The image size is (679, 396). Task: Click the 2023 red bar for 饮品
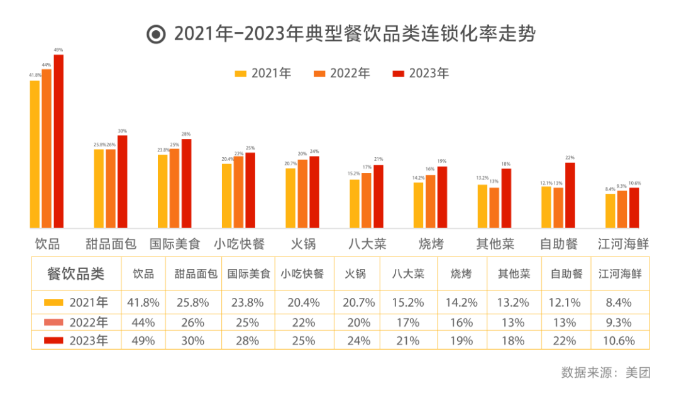tap(58, 141)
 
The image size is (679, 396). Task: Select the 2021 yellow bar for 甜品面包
tap(99, 189)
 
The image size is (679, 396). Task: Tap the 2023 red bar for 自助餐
tap(570, 195)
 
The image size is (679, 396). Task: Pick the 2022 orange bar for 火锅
tap(302, 194)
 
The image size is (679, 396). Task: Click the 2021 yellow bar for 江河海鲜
tap(610, 211)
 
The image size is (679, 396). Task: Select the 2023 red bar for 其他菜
tap(506, 198)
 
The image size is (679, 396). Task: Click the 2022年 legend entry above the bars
tap(343, 74)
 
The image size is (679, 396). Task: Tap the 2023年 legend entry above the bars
tap(421, 74)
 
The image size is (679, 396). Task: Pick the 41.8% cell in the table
tap(143, 302)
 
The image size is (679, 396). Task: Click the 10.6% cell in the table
tap(620, 341)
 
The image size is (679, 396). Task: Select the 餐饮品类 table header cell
tap(76, 274)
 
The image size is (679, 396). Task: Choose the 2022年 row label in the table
tap(76, 322)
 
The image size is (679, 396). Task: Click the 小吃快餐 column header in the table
tap(302, 274)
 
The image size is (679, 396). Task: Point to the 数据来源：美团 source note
tap(605, 372)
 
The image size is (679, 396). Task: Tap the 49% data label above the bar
tap(58, 50)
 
